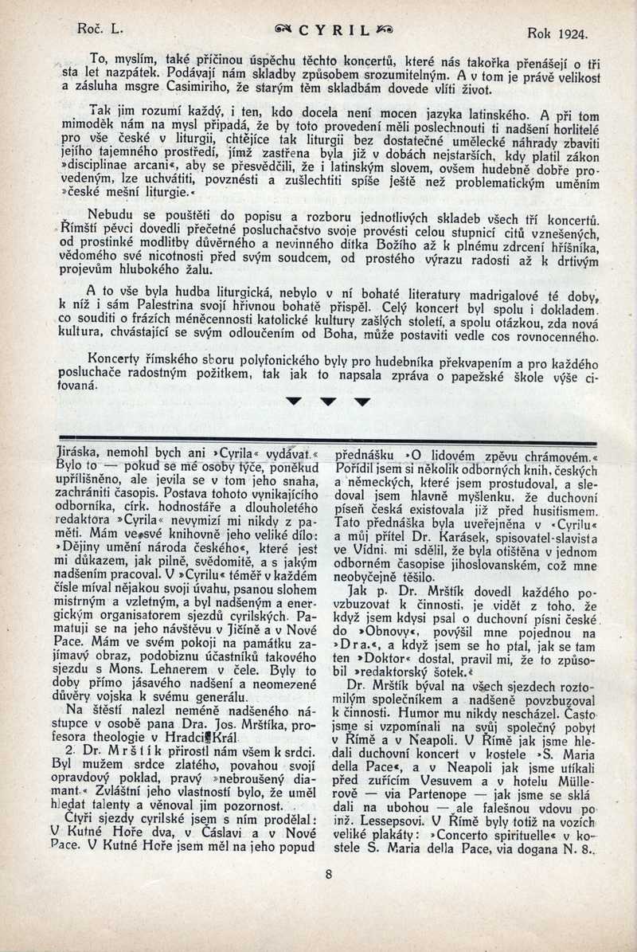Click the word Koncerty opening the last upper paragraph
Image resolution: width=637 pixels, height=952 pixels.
(119, 358)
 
